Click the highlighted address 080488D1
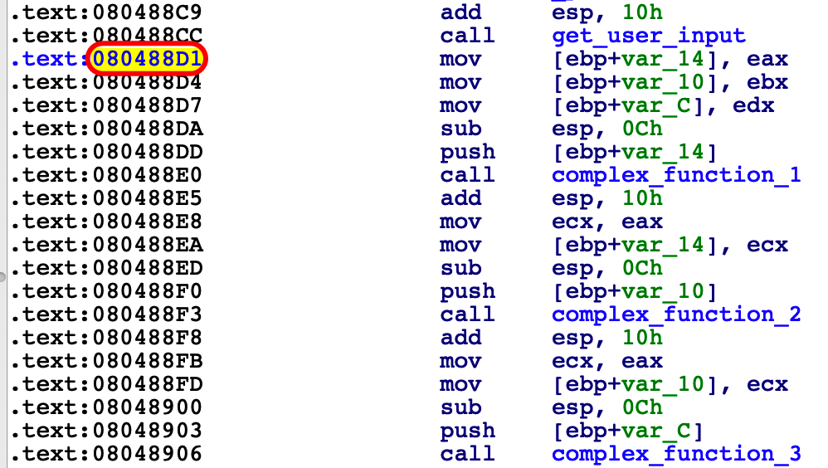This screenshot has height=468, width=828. (148, 59)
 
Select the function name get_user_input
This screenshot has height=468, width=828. (649, 36)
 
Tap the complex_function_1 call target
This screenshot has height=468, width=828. (676, 175)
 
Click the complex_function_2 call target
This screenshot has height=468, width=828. (676, 314)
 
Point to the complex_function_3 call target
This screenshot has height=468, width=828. (676, 454)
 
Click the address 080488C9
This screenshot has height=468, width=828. (148, 12)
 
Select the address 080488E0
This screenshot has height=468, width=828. (148, 175)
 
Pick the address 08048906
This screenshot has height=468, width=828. (148, 454)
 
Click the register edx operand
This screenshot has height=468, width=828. (753, 105)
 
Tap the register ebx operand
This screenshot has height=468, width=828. (767, 82)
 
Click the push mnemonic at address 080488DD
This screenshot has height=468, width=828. (467, 153)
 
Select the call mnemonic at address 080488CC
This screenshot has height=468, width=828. (467, 36)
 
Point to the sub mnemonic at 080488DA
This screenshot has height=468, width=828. (460, 129)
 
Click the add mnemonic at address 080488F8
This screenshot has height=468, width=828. (460, 338)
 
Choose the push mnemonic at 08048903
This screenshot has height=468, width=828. (467, 431)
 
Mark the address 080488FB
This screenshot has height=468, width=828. (148, 361)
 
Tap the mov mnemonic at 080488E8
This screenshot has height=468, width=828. (460, 222)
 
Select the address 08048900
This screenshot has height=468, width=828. (148, 407)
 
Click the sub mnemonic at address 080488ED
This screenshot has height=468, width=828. (460, 268)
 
